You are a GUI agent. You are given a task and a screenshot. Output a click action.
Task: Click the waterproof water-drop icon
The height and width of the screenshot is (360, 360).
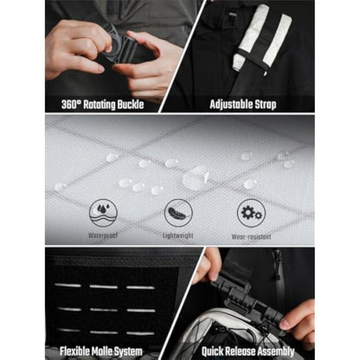pos(103,213)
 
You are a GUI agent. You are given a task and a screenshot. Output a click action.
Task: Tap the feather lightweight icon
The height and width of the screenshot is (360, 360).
pos(178,213)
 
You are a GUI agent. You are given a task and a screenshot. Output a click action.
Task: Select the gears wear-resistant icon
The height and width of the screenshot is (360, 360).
pos(251,213)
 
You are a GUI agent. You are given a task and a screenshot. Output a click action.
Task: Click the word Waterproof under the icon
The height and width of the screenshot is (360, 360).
pos(103,235)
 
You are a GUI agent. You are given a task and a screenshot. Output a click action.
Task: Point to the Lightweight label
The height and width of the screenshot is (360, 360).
pos(178,235)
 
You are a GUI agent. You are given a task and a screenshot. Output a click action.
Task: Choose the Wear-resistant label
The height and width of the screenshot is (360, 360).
pos(251,237)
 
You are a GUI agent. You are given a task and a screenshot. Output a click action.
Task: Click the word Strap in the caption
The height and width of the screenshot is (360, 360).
pos(266,105)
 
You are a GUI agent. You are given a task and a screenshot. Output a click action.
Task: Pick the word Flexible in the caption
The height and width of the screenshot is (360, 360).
pos(74,351)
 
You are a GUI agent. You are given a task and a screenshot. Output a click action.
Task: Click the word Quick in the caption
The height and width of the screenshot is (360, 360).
pos(213,351)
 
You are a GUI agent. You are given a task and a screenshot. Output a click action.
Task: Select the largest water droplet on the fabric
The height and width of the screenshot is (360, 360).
pos(196,178)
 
